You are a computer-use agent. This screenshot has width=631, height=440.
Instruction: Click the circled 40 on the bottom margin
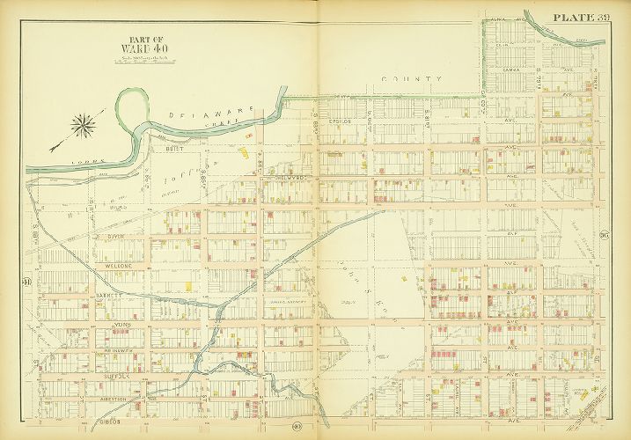[297, 429]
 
